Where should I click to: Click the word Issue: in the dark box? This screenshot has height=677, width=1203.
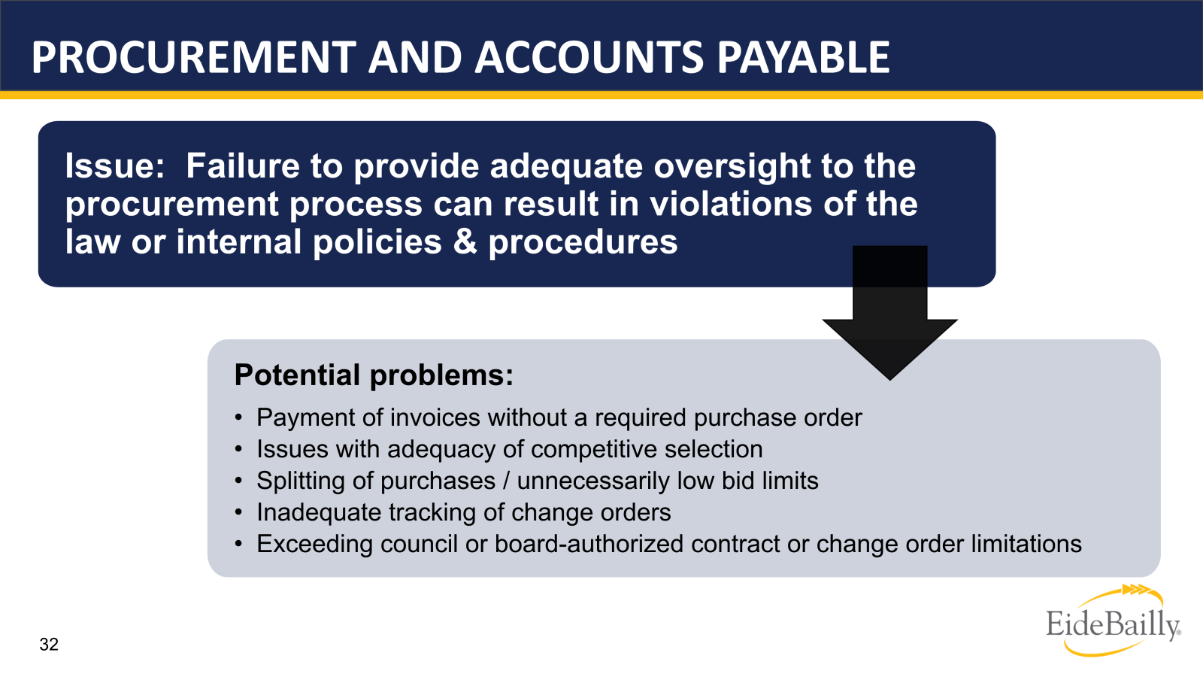114,166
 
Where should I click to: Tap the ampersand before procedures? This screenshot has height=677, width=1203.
465,242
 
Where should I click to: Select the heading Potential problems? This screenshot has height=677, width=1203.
374,375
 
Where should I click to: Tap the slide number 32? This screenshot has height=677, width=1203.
49,644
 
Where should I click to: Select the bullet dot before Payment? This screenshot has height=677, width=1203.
238,417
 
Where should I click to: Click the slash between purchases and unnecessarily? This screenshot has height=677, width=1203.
506,481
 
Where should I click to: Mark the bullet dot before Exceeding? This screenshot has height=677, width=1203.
238,544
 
